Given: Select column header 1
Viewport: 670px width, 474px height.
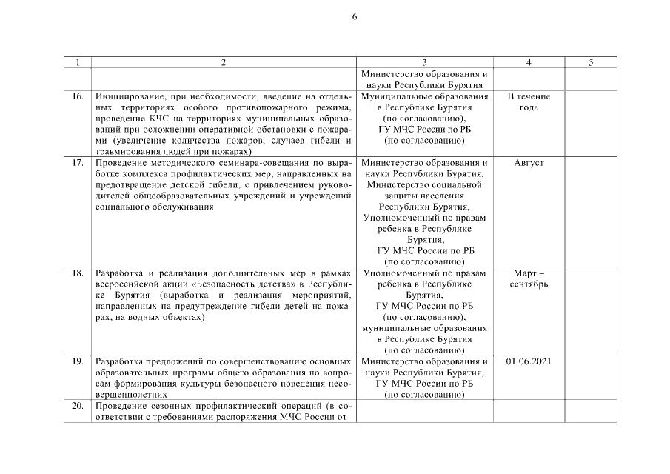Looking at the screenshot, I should tap(78, 63).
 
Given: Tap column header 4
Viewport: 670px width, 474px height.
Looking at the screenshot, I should tap(529, 63).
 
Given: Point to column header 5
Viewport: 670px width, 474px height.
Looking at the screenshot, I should tap(591, 63).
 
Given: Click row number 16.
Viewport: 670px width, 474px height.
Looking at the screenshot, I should tap(78, 97).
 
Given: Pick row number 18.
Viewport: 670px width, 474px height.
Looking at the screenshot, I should tap(78, 273).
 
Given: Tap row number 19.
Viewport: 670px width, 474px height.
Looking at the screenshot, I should tap(78, 361).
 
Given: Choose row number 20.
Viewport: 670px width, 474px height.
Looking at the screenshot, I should tap(78, 406).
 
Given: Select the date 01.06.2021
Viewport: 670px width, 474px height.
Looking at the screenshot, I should tap(529, 361).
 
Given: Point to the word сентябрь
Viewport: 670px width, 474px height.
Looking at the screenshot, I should tap(529, 284).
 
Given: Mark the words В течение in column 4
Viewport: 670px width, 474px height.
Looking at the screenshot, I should tap(529, 97).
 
